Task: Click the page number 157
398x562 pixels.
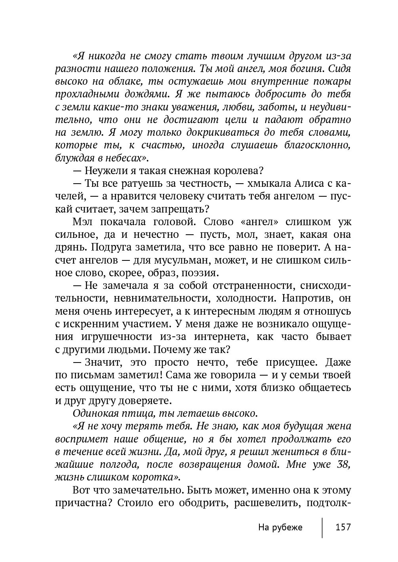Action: click(x=343, y=527)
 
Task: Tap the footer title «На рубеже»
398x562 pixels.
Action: click(x=280, y=527)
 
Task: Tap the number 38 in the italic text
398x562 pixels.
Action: click(x=342, y=465)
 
